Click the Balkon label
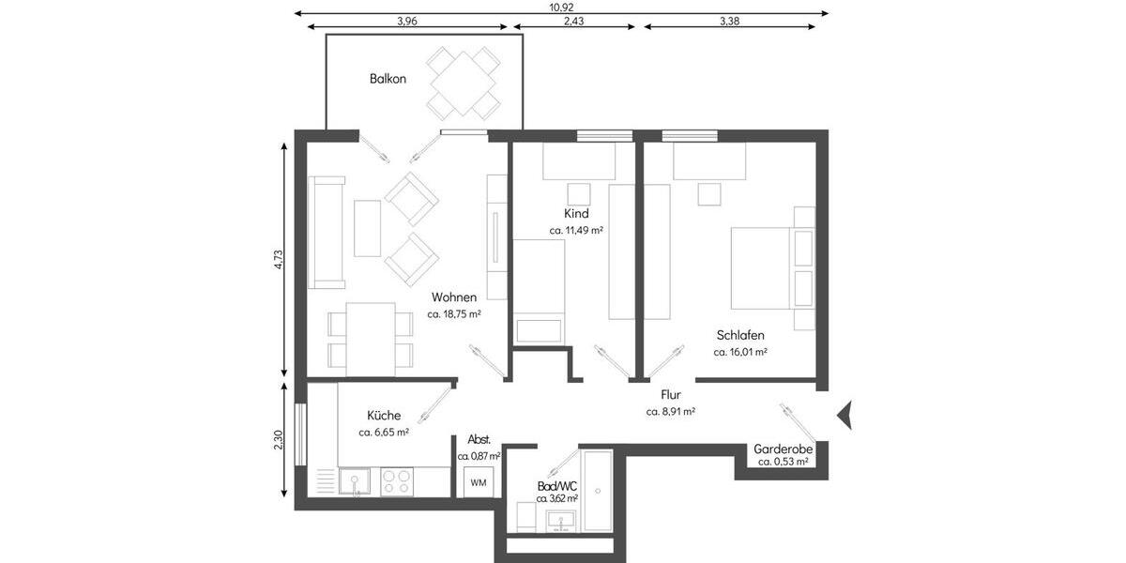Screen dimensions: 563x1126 click(388, 79)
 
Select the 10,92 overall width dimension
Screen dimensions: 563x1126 click(561, 7)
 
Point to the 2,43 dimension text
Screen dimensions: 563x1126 click(577, 21)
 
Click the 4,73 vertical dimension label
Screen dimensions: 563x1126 click(278, 260)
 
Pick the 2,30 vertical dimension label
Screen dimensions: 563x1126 click(278, 440)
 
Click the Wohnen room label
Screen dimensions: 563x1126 click(453, 297)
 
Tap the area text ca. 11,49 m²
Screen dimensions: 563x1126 click(576, 230)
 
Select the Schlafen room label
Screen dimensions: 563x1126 click(740, 335)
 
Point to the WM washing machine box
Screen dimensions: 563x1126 click(479, 482)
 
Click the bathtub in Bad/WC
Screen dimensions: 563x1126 click(597, 491)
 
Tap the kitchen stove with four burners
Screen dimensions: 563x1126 click(396, 481)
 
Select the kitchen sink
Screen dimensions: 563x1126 click(354, 481)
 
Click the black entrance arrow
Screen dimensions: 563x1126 click(844, 413)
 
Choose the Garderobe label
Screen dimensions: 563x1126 click(784, 449)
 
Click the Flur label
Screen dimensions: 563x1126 click(670, 395)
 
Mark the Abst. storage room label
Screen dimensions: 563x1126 click(479, 439)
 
